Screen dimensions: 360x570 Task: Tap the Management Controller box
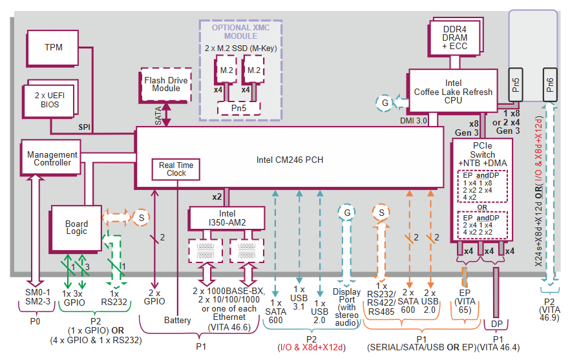point(52,158)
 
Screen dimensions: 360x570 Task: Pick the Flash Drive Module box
point(166,84)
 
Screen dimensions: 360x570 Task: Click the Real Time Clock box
point(176,169)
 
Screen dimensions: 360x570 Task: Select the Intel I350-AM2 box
point(227,218)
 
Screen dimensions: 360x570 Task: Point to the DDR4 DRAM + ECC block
point(455,37)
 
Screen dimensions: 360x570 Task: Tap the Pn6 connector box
point(549,85)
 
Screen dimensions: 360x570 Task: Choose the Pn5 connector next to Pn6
point(515,85)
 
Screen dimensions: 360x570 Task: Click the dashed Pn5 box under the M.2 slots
point(239,108)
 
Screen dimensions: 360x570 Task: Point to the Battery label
point(177,321)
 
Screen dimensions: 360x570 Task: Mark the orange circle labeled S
point(381,211)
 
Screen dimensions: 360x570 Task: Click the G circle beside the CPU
point(385,102)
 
